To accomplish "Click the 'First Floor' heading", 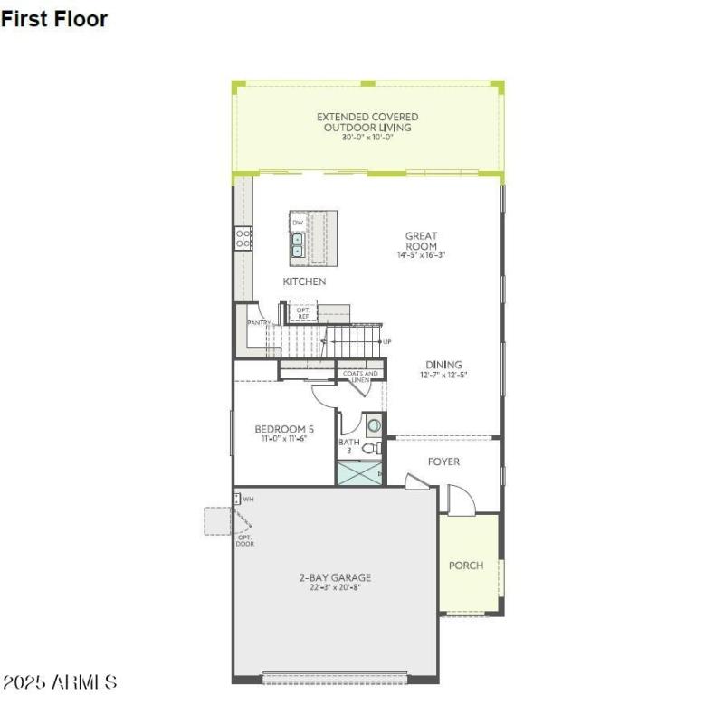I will [x=54, y=18].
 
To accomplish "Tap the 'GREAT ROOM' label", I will [x=421, y=241].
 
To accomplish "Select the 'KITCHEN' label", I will [x=304, y=281].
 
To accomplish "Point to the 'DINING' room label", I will [x=444, y=365].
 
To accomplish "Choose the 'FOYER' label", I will [x=443, y=462].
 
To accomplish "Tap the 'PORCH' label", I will [x=466, y=566].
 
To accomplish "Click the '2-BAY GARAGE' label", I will [x=335, y=577].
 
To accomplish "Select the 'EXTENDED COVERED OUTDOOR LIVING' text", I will [x=367, y=122].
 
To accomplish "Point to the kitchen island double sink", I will [x=297, y=244].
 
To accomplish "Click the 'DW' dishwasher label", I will [x=297, y=222].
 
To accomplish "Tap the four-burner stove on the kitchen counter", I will [x=243, y=238].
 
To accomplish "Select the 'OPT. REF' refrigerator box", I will [x=303, y=313].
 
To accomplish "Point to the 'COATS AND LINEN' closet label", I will [x=359, y=376].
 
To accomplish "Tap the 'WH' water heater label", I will [x=246, y=499].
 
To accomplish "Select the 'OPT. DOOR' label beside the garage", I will [x=244, y=540].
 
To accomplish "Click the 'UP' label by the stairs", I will [x=387, y=342].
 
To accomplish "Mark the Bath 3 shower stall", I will [x=358, y=473].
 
